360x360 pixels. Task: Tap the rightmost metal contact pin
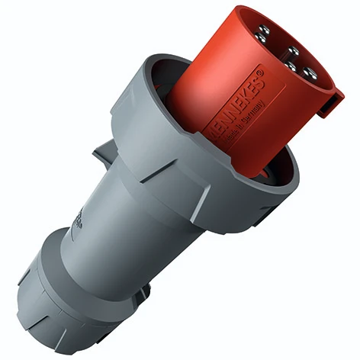310,73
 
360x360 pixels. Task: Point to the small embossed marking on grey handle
79,219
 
